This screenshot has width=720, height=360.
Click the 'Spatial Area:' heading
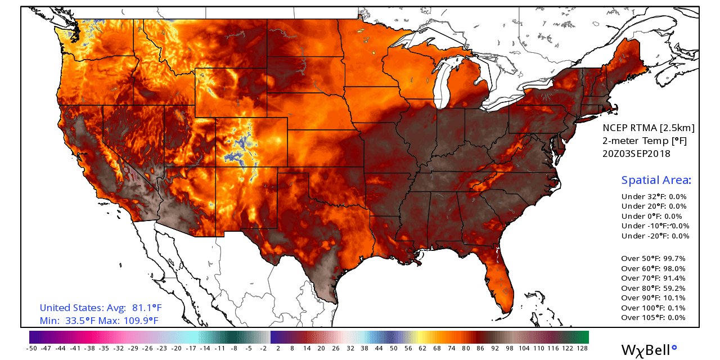pyautogui.click(x=656, y=181)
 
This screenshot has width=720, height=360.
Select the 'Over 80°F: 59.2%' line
pyautogui.click(x=653, y=288)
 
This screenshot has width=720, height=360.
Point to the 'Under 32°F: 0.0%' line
pyautogui.click(x=654, y=197)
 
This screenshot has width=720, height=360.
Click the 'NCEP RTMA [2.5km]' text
pyautogui.click(x=649, y=128)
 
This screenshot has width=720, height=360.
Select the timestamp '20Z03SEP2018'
pyautogui.click(x=637, y=153)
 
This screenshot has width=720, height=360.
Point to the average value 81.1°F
pyautogui.click(x=146, y=308)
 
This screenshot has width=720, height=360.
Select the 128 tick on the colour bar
pyautogui.click(x=582, y=349)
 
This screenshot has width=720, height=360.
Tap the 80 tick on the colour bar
pyautogui.click(x=466, y=349)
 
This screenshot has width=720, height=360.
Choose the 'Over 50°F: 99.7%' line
pyautogui.click(x=653, y=259)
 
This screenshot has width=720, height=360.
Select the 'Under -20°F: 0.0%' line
pyautogui.click(x=655, y=236)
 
